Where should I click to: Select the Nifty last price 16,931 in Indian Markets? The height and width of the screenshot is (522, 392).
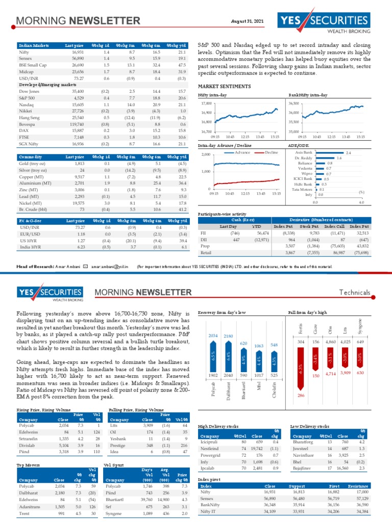coord(78,52)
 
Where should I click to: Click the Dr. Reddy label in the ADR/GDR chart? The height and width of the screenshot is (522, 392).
coord(304,159)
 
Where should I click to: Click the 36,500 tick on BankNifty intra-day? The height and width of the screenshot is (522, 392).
coord(293,103)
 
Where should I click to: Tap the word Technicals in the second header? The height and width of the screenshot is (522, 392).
coord(355,293)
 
